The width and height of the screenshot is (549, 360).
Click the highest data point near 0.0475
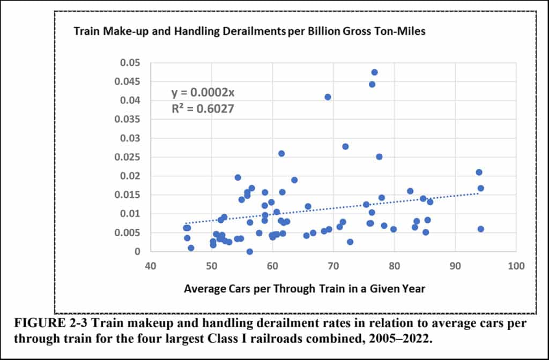click(374, 72)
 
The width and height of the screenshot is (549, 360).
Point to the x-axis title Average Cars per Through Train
click(305, 289)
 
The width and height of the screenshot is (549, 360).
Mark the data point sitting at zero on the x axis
click(249, 251)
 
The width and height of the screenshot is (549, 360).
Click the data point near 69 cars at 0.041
click(328, 97)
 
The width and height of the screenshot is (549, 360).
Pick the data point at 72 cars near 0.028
click(345, 146)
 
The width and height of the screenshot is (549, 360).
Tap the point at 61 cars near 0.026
click(281, 154)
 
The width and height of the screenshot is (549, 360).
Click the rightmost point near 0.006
click(480, 229)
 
